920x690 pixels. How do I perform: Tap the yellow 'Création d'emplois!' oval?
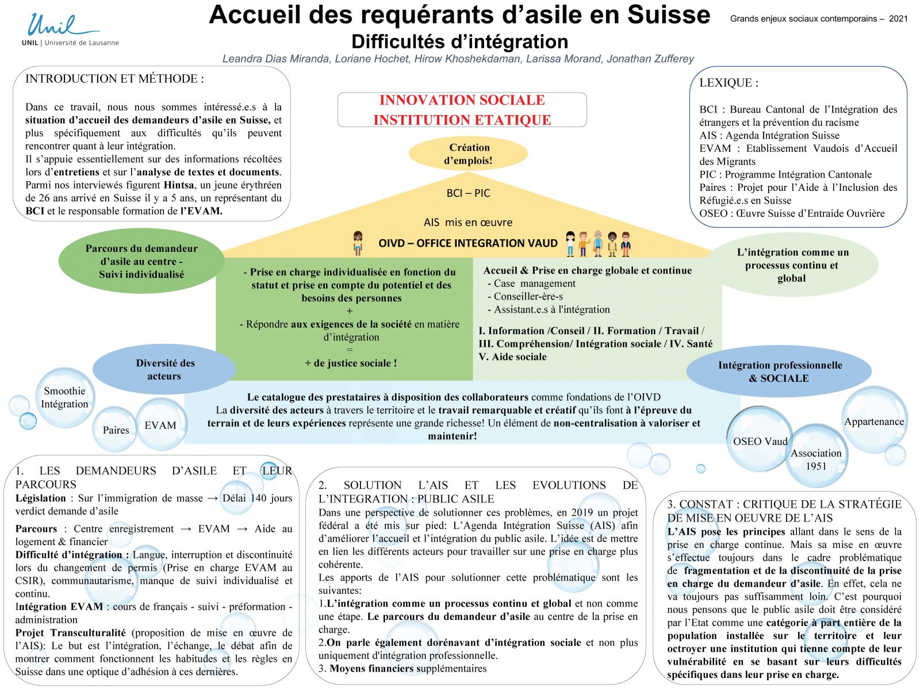(468, 154)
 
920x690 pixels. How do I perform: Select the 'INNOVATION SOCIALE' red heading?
(462, 100)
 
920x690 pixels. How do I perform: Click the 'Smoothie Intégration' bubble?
(64, 397)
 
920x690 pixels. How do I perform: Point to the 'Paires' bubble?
(116, 430)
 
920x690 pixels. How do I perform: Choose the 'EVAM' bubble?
(160, 425)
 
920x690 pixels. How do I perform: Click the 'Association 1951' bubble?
(816, 459)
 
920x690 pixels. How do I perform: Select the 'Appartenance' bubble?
(874, 421)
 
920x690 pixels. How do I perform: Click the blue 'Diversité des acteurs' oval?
(164, 370)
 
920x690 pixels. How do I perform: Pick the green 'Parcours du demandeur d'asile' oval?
(141, 261)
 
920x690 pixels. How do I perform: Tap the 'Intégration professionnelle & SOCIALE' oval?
(779, 371)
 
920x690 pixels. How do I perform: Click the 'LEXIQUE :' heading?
(729, 83)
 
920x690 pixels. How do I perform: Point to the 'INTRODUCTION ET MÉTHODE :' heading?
(114, 79)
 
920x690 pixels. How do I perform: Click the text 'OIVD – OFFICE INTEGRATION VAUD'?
(467, 243)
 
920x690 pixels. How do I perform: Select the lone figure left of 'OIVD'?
(358, 243)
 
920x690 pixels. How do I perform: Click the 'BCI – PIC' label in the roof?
(468, 193)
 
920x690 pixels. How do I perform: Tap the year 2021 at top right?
(898, 18)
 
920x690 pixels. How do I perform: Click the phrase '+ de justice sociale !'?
(351, 363)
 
